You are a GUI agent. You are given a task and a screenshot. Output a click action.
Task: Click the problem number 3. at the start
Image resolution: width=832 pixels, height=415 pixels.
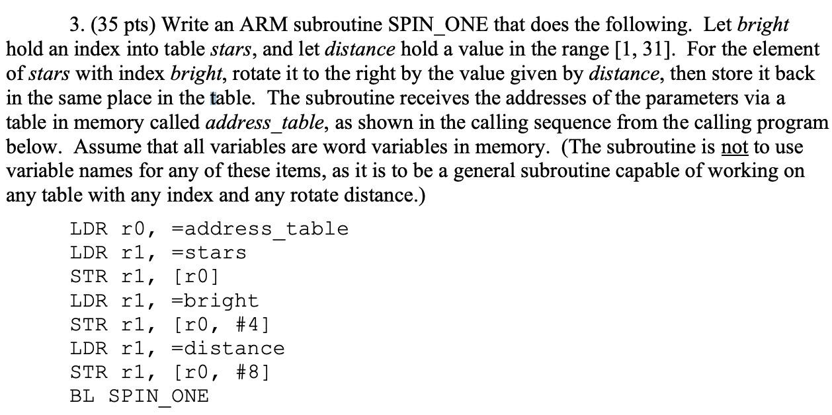pos(77,25)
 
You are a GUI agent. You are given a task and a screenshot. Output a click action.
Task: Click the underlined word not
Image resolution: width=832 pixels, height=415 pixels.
pos(733,147)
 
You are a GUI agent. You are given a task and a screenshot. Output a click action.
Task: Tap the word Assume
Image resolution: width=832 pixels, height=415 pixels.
pos(103,147)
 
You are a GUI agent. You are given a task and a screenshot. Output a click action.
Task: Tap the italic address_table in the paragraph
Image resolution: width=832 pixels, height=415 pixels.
pos(265,123)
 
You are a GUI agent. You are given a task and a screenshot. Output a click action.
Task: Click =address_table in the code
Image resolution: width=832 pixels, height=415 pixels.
pos(259,229)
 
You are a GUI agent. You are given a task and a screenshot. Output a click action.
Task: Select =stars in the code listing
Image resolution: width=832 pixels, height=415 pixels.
pos(208,253)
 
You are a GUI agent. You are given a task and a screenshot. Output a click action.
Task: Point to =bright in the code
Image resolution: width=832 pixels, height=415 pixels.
pos(214,301)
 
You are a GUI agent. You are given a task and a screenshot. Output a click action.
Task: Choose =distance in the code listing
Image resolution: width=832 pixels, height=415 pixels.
pos(228,348)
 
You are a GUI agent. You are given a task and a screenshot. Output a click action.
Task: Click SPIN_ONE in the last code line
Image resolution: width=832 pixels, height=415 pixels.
pos(158,396)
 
